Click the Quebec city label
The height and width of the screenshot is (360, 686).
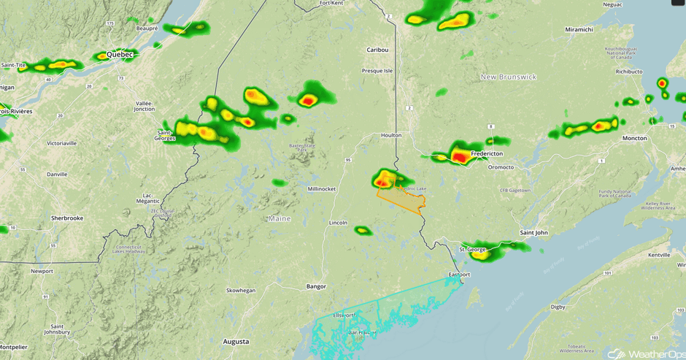click(x=120, y=55)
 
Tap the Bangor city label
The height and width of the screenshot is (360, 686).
click(x=316, y=286)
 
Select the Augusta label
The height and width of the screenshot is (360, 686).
click(x=236, y=341)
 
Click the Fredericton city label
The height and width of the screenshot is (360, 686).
click(x=487, y=154)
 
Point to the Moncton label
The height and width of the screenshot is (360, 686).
click(x=634, y=138)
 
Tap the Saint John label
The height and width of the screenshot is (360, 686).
click(x=533, y=232)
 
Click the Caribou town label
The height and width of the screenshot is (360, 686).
click(x=377, y=50)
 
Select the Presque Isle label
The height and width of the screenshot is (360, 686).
click(x=377, y=71)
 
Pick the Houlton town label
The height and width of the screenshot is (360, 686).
click(x=391, y=135)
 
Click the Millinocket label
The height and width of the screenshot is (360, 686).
click(x=322, y=188)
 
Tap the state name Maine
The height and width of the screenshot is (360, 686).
click(x=280, y=218)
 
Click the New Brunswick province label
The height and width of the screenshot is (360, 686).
click(x=509, y=77)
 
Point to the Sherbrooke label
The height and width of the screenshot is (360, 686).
click(x=67, y=218)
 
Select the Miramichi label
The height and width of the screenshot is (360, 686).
click(x=579, y=29)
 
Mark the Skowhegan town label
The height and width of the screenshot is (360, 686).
click(x=241, y=290)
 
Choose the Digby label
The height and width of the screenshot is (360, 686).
click(x=558, y=307)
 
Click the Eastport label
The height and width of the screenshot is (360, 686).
click(x=460, y=275)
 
